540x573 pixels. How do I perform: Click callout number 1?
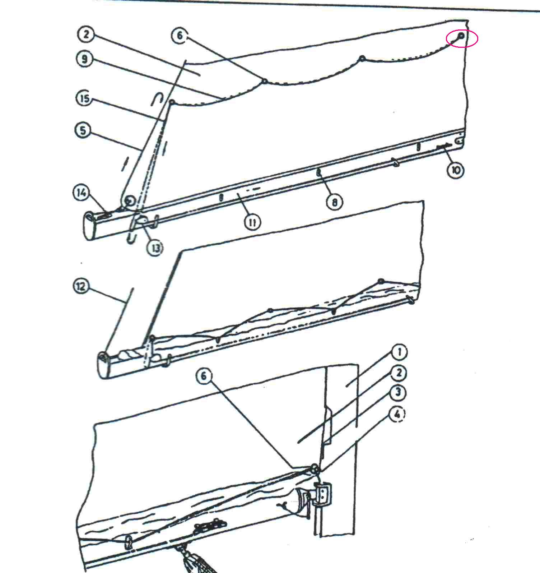tap(399, 352)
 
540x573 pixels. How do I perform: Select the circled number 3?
tap(397, 393)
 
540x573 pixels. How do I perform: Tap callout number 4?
tap(397, 414)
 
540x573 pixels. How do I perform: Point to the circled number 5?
tap(83, 130)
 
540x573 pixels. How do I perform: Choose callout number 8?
tap(334, 202)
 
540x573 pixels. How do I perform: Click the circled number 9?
tap(85, 59)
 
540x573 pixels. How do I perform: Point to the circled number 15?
tap(85, 98)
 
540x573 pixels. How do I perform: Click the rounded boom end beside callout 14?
tap(90, 226)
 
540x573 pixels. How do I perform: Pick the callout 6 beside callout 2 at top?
tap(180, 36)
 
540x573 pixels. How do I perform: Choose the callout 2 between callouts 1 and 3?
tap(398, 373)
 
